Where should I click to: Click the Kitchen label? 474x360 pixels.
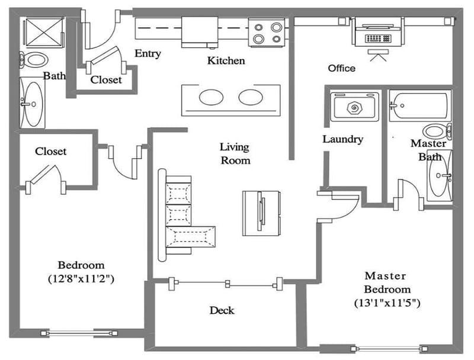click(x=226, y=60)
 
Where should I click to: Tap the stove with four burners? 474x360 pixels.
click(x=267, y=33)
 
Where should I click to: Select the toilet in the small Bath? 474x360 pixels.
click(x=35, y=59)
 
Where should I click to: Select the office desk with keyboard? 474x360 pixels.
click(x=378, y=34)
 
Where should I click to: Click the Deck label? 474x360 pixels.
click(x=222, y=310)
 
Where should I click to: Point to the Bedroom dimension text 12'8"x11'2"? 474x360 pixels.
click(x=81, y=278)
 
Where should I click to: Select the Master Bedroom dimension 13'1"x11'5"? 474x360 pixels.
click(x=386, y=303)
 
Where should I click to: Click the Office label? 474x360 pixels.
click(x=342, y=68)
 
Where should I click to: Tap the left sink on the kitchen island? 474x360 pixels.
click(x=209, y=97)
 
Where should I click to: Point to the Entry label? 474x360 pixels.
click(x=148, y=53)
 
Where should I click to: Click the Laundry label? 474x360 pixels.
click(x=342, y=139)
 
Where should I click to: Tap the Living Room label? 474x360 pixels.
click(x=235, y=153)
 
